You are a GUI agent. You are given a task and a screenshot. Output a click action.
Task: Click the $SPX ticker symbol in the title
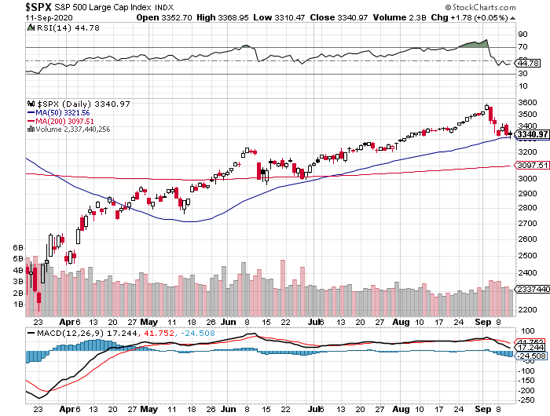pyautogui.click(x=13, y=7)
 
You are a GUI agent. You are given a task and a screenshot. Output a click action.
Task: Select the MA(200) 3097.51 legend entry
pyautogui.click(x=65, y=120)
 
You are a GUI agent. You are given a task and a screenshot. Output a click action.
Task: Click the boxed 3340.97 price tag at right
pyautogui.click(x=532, y=135)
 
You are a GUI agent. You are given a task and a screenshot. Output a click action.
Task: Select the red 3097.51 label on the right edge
pyautogui.click(x=532, y=166)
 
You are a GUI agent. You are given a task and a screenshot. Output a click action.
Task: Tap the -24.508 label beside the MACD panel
pyautogui.click(x=532, y=356)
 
